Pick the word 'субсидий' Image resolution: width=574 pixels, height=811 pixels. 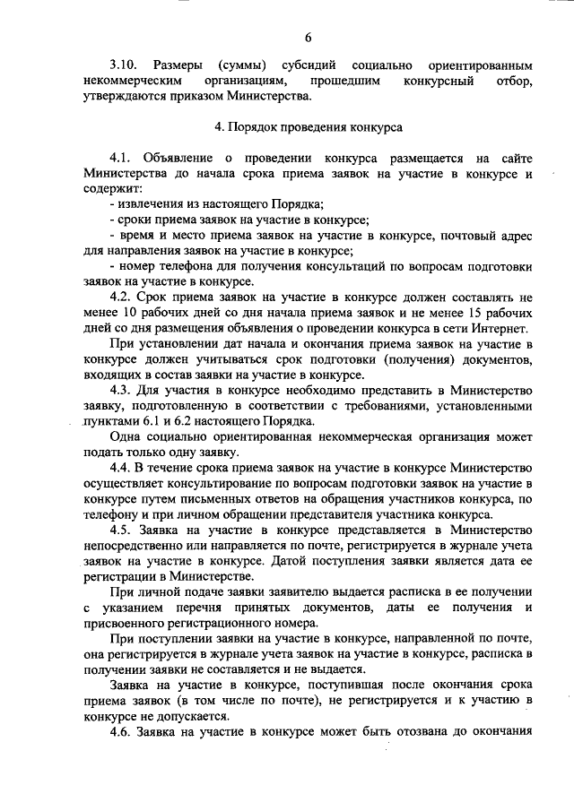coord(299,66)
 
